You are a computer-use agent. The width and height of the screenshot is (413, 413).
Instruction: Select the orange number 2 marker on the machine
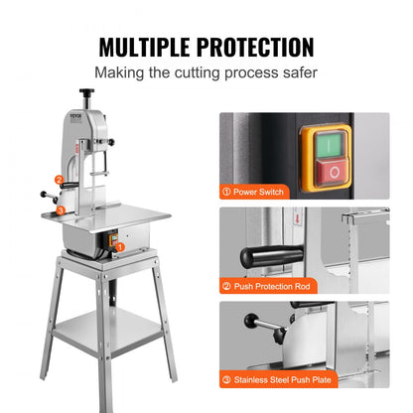(x=60, y=180)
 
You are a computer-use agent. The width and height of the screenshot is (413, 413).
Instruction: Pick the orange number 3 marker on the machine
(x=61, y=209)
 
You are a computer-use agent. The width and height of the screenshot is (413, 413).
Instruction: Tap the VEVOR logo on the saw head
(x=70, y=116)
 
